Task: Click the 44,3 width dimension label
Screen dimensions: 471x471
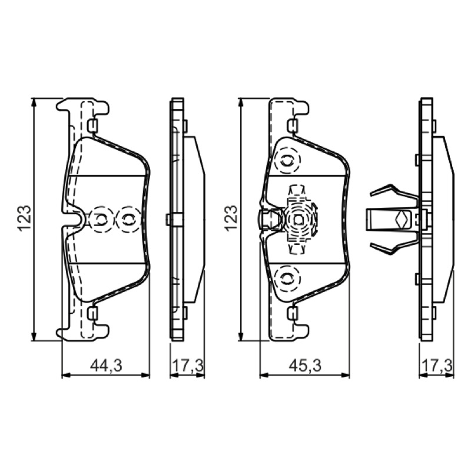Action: pyautogui.click(x=107, y=366)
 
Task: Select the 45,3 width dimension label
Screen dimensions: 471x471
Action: pyautogui.click(x=305, y=366)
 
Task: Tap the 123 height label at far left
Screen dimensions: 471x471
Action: pyautogui.click(x=24, y=218)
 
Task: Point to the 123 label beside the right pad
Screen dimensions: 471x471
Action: pyautogui.click(x=231, y=218)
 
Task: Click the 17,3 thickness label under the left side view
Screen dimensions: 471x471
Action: pyautogui.click(x=188, y=366)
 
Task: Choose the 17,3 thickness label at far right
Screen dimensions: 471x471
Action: pyautogui.click(x=437, y=366)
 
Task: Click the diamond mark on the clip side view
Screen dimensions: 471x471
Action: pyautogui.click(x=401, y=220)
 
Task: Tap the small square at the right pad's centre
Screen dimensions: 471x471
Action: pyautogui.click(x=297, y=220)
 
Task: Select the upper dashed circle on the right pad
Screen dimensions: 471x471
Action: pyautogui.click(x=287, y=161)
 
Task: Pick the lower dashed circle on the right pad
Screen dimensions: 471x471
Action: pyautogui.click(x=287, y=278)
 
